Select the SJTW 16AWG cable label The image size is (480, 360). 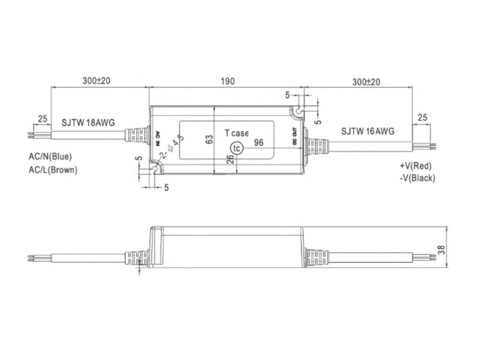[x=367, y=131]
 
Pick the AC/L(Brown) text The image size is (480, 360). [x=53, y=170]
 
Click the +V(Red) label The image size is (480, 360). [x=416, y=166]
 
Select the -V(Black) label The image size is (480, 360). [x=417, y=178]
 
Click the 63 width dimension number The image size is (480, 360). [x=210, y=139]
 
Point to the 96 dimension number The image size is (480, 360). [x=258, y=142]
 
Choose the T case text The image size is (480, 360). [x=237, y=133]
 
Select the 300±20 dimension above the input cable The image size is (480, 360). [x=96, y=81]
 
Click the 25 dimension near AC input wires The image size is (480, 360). [x=43, y=119]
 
